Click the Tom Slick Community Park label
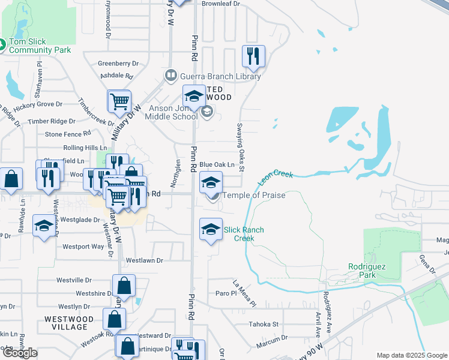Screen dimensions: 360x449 point(40,46)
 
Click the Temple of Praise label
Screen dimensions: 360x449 point(254,195)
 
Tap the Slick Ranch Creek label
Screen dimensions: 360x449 point(244,234)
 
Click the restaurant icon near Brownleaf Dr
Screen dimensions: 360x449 point(253,56)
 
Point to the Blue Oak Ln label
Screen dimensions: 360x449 point(216,164)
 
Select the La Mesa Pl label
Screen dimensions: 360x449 point(244,288)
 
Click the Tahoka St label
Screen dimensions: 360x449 point(264,324)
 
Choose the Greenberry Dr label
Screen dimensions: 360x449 point(118,63)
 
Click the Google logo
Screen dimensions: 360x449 point(19,353)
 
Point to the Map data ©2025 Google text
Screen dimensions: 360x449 point(412,356)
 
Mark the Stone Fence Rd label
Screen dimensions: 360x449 point(68,134)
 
